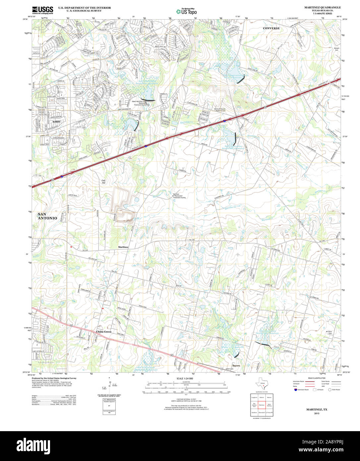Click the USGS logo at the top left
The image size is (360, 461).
coord(42,10)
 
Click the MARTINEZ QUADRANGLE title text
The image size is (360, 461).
coord(322,7)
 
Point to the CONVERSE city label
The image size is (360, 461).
coord(271,29)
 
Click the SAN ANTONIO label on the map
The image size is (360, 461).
coord(47,216)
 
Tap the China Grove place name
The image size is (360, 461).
coord(104,332)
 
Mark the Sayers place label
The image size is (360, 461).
coord(236,365)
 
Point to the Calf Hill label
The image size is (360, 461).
coord(103,182)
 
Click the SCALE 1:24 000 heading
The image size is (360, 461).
coord(185,378)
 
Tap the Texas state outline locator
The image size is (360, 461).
coord(262,385)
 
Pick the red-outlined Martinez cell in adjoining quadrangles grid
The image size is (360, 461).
coord(262,405)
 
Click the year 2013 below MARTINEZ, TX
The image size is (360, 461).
coord(316,413)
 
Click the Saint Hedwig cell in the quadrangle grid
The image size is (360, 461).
coord(270,405)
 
